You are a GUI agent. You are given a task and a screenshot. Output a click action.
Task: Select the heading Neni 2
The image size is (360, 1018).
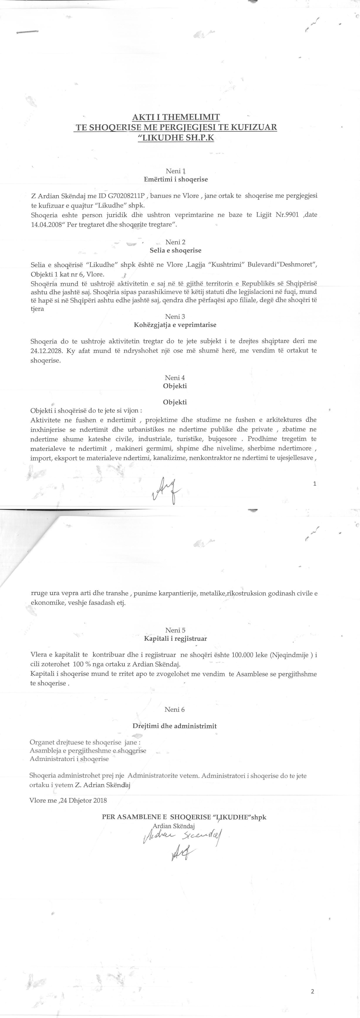pyautogui.click(x=176, y=242)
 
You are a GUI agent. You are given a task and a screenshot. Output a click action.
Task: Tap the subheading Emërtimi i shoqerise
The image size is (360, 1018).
pyautogui.click(x=176, y=179)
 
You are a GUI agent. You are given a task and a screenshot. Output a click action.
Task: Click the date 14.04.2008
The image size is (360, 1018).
pyautogui.click(x=46, y=225)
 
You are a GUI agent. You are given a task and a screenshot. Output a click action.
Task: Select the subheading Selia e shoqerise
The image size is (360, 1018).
pyautogui.click(x=176, y=251)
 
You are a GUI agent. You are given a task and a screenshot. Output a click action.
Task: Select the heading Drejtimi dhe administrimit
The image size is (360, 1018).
pyautogui.click(x=175, y=726)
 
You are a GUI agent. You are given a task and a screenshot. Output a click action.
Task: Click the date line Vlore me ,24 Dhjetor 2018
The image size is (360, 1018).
pyautogui.click(x=68, y=801)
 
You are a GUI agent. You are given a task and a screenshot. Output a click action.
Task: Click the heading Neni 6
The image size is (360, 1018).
pyautogui.click(x=175, y=709)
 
